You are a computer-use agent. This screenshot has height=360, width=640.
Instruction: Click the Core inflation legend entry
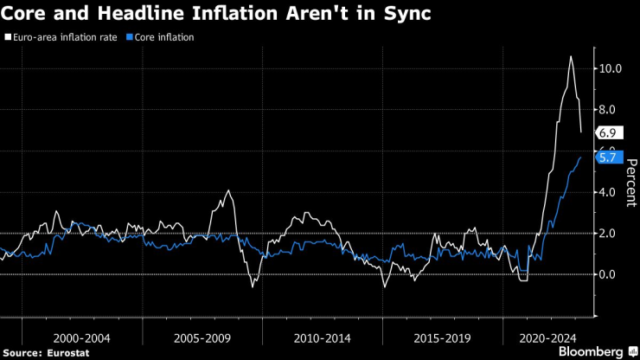click(164, 38)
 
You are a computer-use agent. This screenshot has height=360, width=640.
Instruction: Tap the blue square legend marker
click(130, 38)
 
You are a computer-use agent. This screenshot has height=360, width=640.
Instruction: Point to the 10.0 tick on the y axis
click(611, 68)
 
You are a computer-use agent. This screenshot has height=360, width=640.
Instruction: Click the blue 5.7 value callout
click(606, 158)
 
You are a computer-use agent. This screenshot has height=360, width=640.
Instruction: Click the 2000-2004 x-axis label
click(81, 335)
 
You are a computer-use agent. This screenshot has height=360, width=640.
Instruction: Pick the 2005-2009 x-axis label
click(202, 335)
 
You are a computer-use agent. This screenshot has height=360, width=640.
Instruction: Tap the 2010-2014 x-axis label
click(321, 335)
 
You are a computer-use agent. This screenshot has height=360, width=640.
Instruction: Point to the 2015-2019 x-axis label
click(441, 335)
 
